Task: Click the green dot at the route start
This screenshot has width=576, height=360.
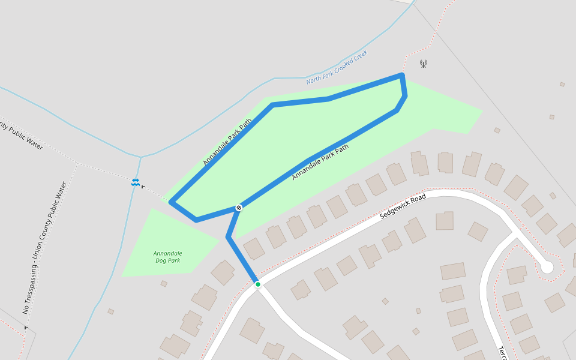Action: [257, 284]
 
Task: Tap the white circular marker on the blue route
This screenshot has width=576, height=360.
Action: [239, 208]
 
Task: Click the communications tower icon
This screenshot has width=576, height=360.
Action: [423, 63]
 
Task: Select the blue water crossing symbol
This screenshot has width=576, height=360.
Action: [136, 182]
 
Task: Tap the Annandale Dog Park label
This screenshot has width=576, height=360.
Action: [167, 257]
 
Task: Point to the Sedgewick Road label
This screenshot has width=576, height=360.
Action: [403, 206]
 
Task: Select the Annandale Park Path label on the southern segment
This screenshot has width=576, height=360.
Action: [320, 162]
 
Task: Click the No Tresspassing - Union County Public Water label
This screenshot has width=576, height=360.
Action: [45, 248]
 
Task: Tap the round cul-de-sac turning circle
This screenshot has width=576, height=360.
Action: [547, 267]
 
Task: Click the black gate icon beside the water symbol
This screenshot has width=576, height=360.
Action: [143, 187]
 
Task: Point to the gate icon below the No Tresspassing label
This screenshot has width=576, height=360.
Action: [26, 328]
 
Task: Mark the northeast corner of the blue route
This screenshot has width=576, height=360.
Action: [402, 75]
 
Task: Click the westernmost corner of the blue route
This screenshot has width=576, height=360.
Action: [172, 203]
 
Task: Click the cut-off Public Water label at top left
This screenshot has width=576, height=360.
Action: [21, 135]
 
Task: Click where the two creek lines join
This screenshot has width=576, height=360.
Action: [141, 157]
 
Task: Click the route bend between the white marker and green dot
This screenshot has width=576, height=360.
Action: [228, 238]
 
